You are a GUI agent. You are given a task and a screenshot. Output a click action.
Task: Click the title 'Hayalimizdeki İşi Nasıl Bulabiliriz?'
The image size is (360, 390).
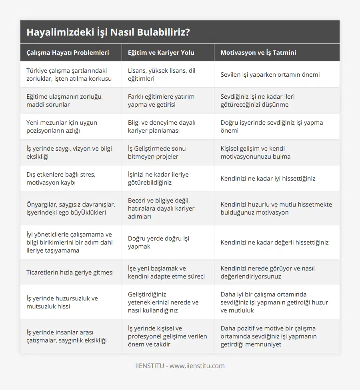tap(108, 32)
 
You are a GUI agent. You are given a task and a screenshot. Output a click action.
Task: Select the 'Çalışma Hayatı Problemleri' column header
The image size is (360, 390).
tap(68, 52)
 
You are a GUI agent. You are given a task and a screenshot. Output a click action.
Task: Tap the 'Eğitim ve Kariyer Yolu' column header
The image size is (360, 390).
tap(161, 52)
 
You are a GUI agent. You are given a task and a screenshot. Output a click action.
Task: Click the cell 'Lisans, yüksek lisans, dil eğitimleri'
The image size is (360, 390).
tap(162, 74)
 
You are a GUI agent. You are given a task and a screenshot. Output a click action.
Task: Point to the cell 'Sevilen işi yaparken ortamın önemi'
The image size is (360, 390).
tap(270, 74)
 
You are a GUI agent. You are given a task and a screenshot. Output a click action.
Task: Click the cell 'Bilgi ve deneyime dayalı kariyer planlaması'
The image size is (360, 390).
tap(162, 126)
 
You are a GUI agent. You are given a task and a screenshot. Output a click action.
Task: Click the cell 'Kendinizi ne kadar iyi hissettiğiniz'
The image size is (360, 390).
tap(268, 178)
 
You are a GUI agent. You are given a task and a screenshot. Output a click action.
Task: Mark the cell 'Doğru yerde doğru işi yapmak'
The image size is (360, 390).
tap(158, 242)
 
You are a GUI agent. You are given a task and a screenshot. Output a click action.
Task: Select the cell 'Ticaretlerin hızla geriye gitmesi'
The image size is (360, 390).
tap(70, 272)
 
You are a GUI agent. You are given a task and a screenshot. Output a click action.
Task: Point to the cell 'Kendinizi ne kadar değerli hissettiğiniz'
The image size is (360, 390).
tap(274, 242)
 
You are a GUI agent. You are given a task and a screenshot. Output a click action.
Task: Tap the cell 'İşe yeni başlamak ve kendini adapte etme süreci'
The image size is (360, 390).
tap(166, 272)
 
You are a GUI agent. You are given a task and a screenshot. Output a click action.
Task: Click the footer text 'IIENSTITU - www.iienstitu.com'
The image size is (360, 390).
tap(180, 366)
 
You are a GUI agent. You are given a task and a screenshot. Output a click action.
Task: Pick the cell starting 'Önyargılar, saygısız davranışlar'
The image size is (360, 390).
tap(71, 208)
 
